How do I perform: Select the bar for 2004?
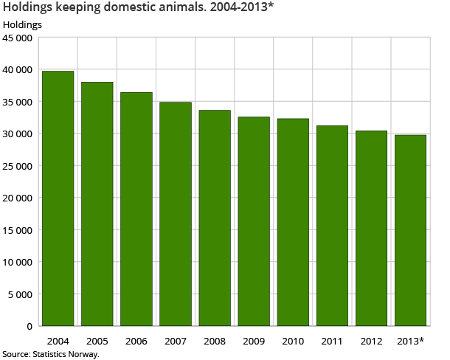(x=58, y=198)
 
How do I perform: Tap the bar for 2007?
(x=176, y=214)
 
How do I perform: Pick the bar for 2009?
(x=254, y=221)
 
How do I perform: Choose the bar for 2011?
(x=332, y=226)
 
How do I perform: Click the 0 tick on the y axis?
(x=30, y=326)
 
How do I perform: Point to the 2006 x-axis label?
(x=136, y=341)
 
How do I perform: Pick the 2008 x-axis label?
(x=215, y=341)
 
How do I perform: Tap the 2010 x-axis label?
(x=293, y=341)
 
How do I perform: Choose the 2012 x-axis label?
(x=371, y=341)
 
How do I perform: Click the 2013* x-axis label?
(x=411, y=341)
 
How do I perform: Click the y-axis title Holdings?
(x=22, y=24)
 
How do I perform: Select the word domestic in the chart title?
(x=119, y=8)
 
